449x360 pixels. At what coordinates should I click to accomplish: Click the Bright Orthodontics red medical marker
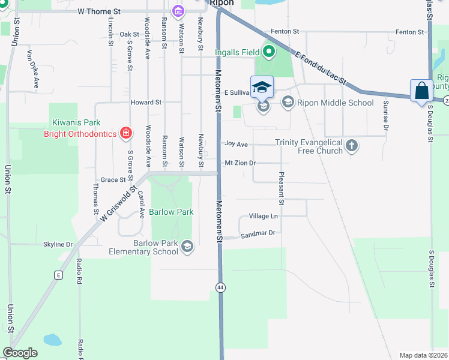click(x=125, y=133)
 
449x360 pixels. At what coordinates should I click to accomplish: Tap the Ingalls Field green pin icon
click(x=268, y=52)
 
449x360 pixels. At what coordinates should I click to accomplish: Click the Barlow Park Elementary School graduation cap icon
click(x=187, y=246)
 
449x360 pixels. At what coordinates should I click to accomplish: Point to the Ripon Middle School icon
click(x=288, y=103)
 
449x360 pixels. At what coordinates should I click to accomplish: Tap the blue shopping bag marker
click(x=422, y=91)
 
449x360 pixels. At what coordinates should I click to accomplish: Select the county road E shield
click(x=58, y=275)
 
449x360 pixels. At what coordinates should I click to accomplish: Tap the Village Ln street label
click(x=263, y=216)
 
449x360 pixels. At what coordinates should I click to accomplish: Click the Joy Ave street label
click(x=236, y=145)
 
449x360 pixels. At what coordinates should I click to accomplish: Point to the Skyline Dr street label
click(x=58, y=244)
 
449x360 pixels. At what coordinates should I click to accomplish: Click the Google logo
click(x=20, y=353)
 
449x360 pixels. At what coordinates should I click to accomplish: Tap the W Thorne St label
click(x=100, y=11)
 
